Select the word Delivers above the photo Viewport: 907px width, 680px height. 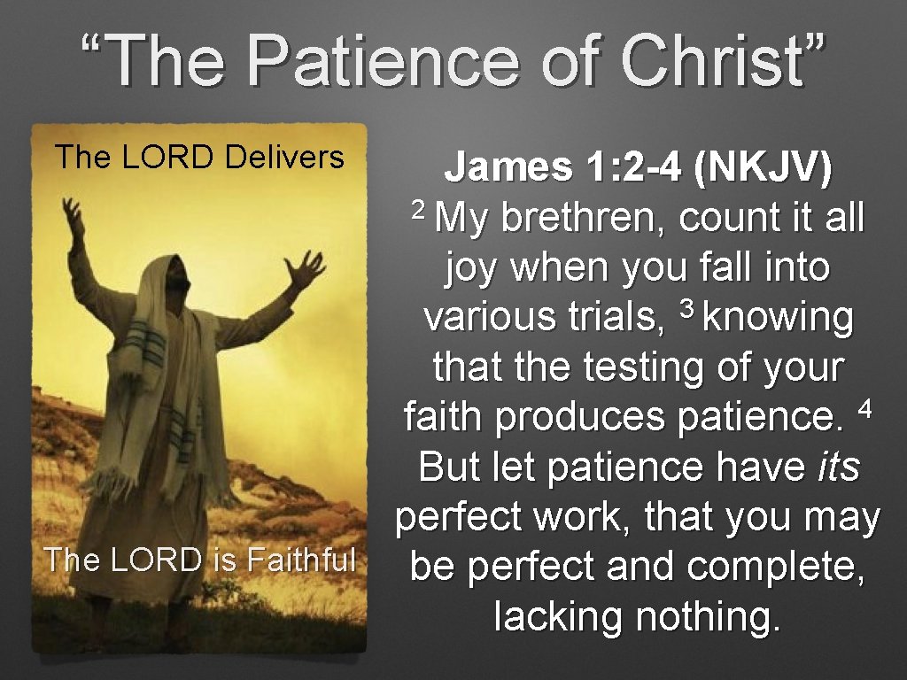pos(284,158)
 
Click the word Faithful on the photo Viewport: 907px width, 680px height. pos(301,560)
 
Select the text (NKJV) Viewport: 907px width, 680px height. pos(764,167)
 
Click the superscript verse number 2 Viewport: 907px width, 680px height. pos(420,208)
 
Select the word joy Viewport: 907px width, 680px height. pos(473,268)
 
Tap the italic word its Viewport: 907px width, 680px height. pos(837,466)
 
